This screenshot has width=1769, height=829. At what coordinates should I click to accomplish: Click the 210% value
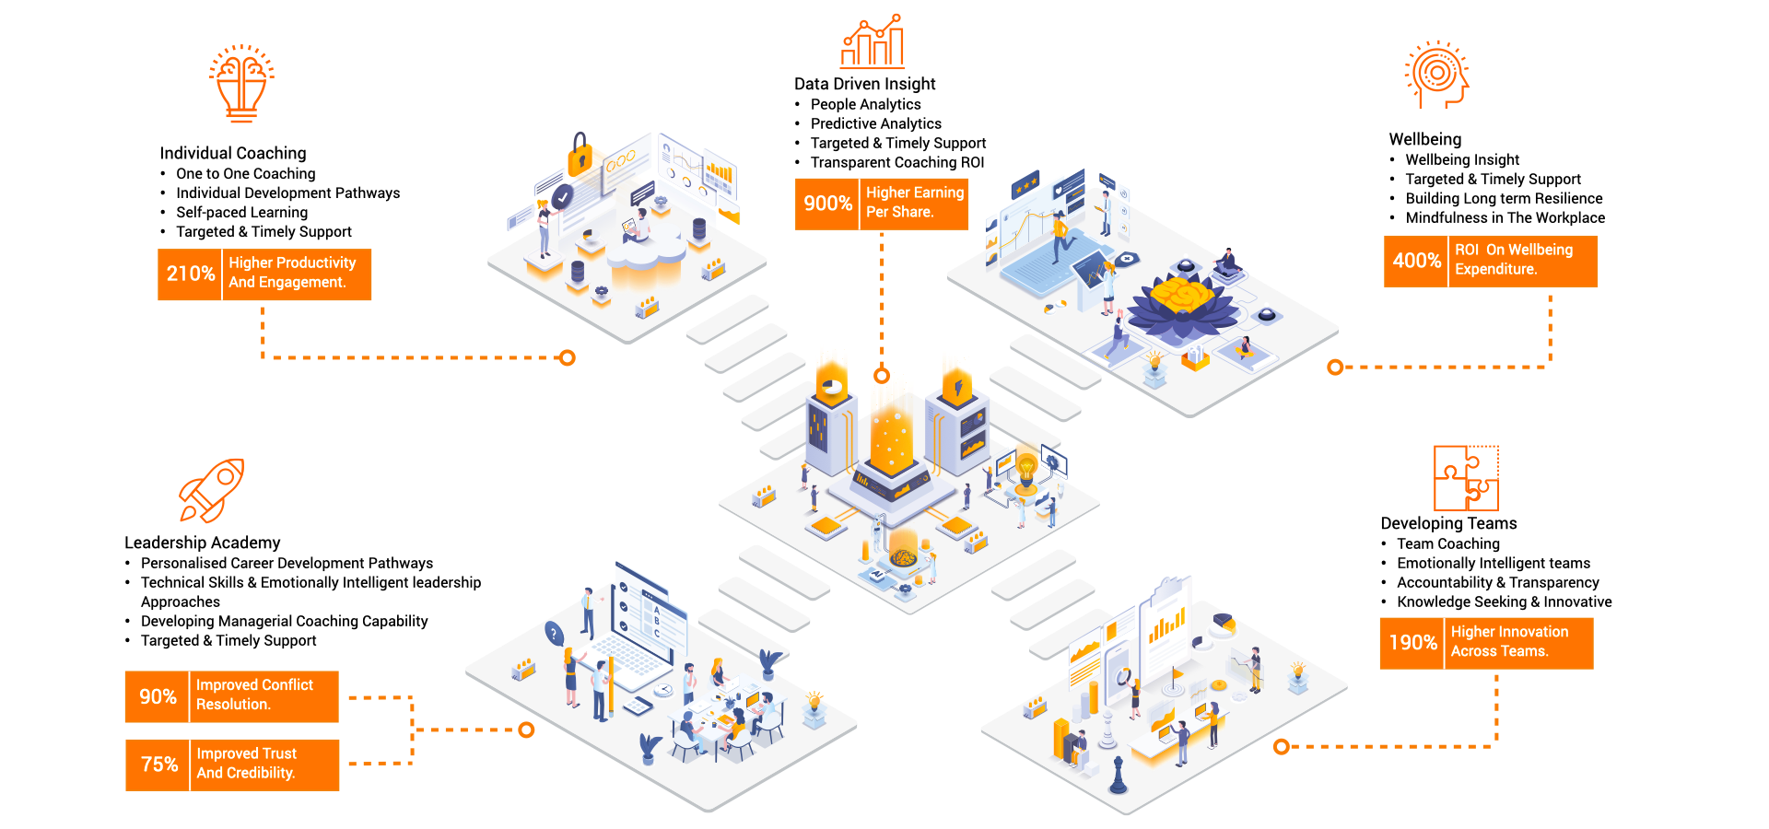coord(191,274)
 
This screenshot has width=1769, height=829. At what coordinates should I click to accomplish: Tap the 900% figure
coord(827,204)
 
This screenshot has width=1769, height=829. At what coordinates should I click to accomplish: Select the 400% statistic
coord(1416,261)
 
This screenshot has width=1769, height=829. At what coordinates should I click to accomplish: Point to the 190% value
coord(1412,643)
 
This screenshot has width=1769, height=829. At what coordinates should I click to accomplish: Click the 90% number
coord(158,696)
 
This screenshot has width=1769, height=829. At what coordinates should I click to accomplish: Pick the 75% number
coord(158,765)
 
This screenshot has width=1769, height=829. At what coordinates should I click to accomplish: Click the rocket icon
coord(212,490)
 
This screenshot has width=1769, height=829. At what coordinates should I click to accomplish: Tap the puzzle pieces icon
coord(1466,478)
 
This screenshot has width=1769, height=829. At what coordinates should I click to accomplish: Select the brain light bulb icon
coord(241,83)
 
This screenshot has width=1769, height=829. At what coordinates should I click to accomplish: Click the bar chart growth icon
coord(873,42)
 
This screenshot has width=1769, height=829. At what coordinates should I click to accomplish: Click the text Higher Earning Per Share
coord(914,203)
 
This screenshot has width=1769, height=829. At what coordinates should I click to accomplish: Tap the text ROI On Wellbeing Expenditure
coord(1513,260)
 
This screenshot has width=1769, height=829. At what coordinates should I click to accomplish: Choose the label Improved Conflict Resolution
coord(254,695)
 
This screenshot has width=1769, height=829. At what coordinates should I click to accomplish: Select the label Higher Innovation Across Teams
coord(1509,641)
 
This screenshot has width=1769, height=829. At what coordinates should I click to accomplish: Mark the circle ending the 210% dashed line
coord(568,357)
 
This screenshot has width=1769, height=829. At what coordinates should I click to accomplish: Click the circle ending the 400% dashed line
coord(1335,368)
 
